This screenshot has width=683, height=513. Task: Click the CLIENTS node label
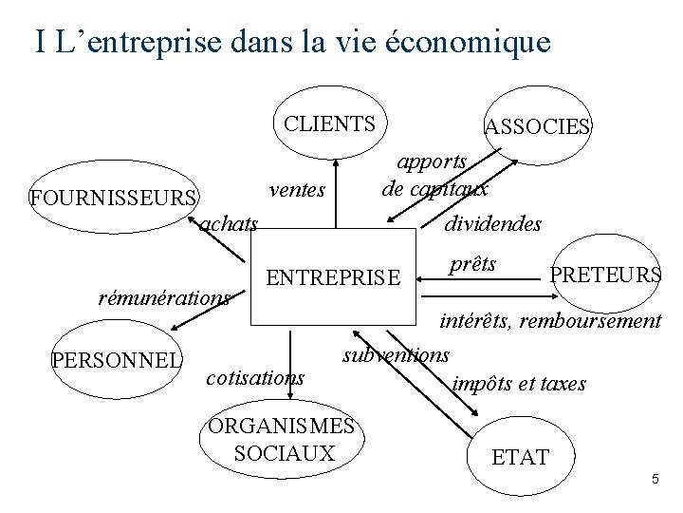(x=329, y=123)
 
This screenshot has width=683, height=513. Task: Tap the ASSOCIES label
(x=537, y=127)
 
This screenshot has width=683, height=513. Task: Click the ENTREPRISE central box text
(x=334, y=278)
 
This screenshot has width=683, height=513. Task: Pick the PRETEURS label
(x=606, y=275)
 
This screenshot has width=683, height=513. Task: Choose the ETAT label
(x=520, y=458)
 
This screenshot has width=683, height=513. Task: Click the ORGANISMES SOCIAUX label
(x=284, y=440)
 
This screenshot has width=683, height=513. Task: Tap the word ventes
(x=297, y=190)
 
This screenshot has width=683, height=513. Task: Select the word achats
(x=229, y=224)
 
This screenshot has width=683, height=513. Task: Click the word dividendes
(x=493, y=224)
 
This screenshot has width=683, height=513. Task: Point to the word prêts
(x=472, y=264)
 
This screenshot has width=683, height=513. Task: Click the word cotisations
(x=255, y=377)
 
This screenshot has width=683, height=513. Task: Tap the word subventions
(x=396, y=355)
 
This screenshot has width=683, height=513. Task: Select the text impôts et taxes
(x=519, y=384)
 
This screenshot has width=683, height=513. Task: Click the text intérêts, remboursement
(x=550, y=321)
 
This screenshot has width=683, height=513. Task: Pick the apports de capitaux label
(x=434, y=175)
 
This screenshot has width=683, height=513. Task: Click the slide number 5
(x=655, y=480)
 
